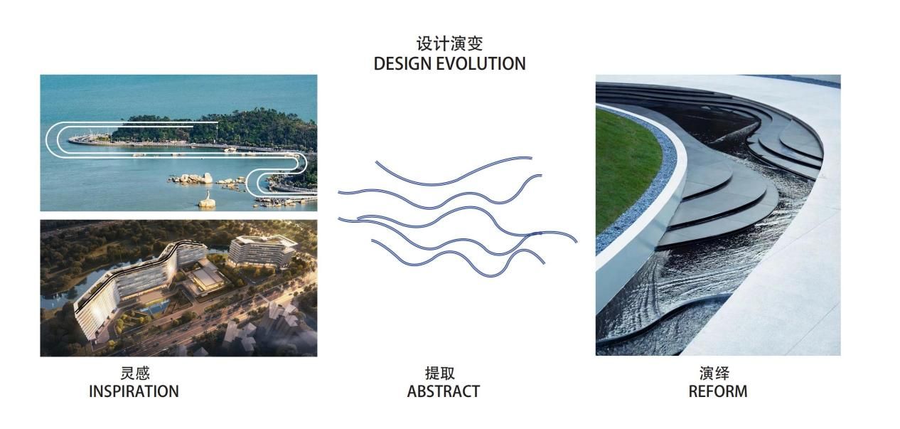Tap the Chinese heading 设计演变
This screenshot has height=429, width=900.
tap(449, 43)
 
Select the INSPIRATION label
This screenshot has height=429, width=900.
tap(134, 391)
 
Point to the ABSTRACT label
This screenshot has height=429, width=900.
tap(443, 391)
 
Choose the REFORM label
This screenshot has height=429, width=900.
tap(717, 391)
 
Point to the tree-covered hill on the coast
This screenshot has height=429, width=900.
tap(235, 127)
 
